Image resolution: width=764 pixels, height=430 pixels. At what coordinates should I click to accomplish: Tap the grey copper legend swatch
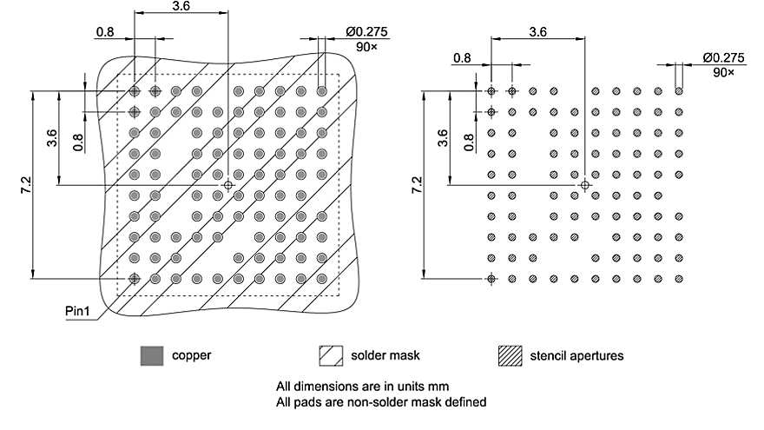click(152, 355)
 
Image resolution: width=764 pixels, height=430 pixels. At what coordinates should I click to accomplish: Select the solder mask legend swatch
click(330, 355)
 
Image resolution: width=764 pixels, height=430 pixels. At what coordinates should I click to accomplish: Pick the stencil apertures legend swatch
click(510, 355)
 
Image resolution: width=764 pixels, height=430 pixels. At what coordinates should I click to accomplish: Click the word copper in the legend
click(192, 355)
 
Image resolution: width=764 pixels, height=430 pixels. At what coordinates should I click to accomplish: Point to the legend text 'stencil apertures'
click(576, 355)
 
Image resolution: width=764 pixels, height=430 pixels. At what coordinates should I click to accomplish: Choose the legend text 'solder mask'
click(385, 355)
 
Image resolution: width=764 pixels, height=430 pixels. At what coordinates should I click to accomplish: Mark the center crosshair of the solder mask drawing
click(228, 185)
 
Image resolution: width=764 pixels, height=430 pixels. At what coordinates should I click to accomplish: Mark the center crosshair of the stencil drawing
click(585, 185)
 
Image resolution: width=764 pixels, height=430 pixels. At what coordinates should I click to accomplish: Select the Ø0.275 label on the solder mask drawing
click(366, 32)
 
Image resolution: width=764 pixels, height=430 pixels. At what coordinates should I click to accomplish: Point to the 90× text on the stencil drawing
click(723, 72)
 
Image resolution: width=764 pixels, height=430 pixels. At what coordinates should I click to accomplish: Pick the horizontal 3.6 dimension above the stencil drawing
click(537, 32)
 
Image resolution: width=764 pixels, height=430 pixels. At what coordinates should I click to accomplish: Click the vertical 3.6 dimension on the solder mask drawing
click(53, 137)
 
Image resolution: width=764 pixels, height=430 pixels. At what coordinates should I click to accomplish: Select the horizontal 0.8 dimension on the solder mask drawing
click(105, 32)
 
